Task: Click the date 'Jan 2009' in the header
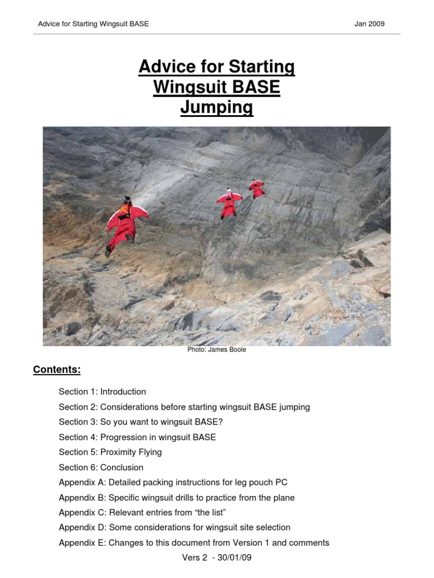pos(370,24)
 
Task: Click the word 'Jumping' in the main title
pos(217,107)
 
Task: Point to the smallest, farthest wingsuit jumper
pos(257,189)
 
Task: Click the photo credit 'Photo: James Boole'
pos(217,349)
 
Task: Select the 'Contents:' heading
pos(57,370)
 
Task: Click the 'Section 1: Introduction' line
pos(102,392)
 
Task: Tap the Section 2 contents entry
pos(184,407)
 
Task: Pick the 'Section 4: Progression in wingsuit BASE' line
pos(137,437)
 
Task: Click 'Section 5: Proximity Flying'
pos(110,452)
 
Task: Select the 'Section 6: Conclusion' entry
pos(101,467)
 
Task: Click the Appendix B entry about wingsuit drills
pos(177,498)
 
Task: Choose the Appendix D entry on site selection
pos(175,528)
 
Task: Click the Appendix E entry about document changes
pos(194,543)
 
